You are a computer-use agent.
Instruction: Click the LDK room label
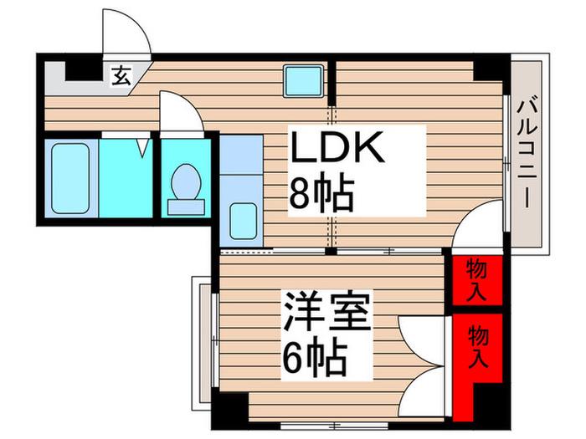point(337,146)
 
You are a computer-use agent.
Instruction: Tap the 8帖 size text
point(321,195)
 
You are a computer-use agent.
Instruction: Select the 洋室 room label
point(327,312)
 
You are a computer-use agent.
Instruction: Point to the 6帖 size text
point(315,357)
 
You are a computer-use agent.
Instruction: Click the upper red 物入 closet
point(477,280)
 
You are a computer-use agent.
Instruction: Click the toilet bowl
point(186,182)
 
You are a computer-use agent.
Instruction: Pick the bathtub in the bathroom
point(70,178)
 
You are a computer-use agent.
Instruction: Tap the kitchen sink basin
point(243,221)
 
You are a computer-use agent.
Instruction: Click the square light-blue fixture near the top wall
point(303,81)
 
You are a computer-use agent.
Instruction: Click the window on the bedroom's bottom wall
point(335,425)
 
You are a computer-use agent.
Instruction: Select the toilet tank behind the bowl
point(186,207)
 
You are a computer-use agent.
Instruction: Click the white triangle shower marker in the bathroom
point(142,148)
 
